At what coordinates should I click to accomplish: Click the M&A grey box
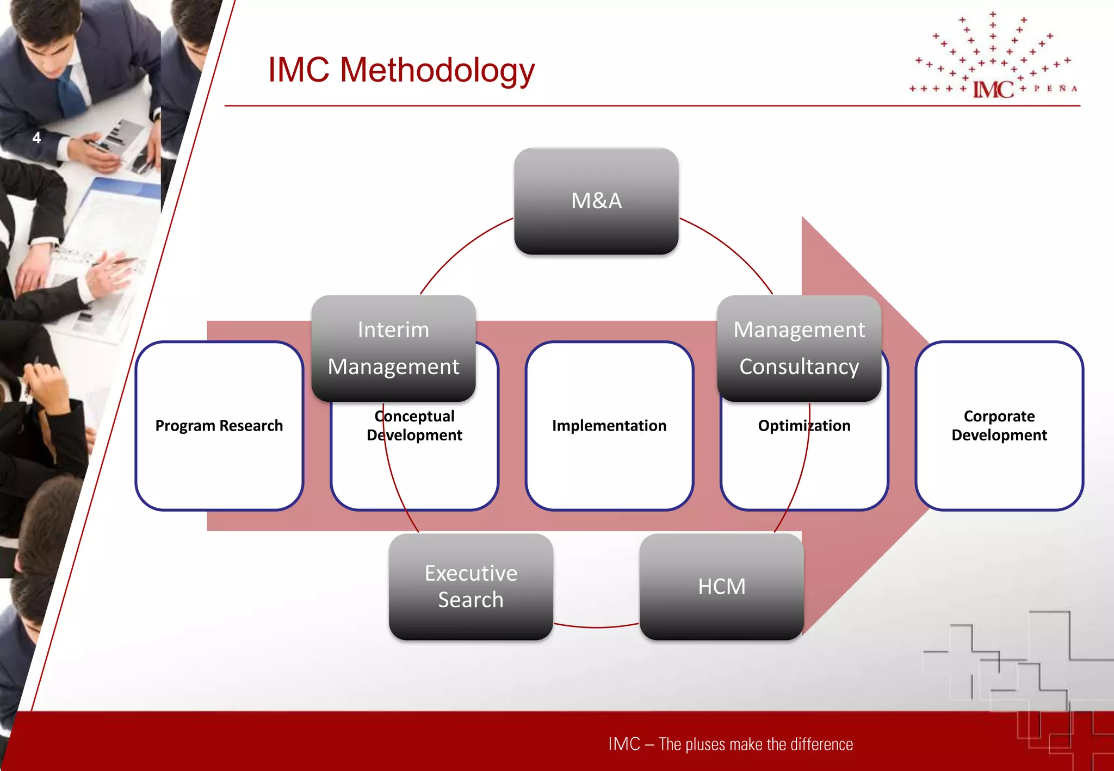tap(596, 201)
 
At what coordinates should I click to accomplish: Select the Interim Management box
tap(393, 348)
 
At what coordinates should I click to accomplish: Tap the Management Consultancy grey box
tap(799, 348)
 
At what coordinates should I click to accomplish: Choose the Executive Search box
tap(471, 586)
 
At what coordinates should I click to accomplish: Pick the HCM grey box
tap(721, 586)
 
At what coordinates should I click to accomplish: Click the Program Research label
tap(219, 425)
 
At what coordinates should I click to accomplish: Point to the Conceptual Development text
tap(414, 425)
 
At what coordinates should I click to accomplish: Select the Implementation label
tap(609, 425)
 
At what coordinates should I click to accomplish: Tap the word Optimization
tap(804, 425)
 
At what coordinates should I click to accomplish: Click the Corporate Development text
tap(999, 425)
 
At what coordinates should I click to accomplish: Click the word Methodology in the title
tap(437, 71)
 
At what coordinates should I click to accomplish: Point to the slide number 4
tap(36, 138)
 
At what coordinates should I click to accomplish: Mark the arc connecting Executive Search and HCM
tap(596, 627)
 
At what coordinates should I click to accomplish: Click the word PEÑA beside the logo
tap(1055, 88)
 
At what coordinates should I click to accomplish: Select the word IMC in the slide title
tap(299, 71)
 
